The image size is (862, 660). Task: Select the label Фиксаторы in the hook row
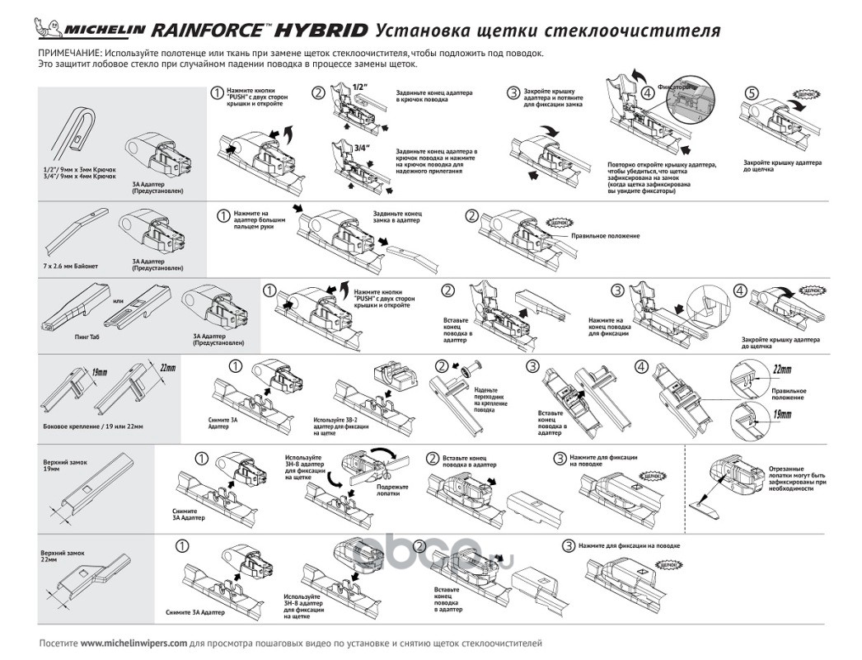pos(673,86)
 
